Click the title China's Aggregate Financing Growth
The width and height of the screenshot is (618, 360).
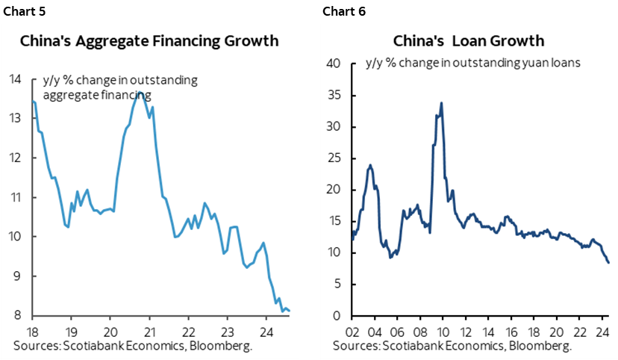pyautogui.click(x=149, y=40)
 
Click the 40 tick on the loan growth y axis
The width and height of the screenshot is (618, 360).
pyautogui.click(x=336, y=64)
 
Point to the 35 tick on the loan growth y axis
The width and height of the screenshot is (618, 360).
pyautogui.click(x=336, y=96)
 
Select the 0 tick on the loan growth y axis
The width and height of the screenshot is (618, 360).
pyautogui.click(x=339, y=316)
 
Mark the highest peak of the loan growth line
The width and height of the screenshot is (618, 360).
pyautogui.click(x=442, y=103)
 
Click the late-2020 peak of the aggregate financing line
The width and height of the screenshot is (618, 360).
pyautogui.click(x=140, y=93)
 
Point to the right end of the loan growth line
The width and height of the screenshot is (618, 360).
pyautogui.click(x=608, y=262)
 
